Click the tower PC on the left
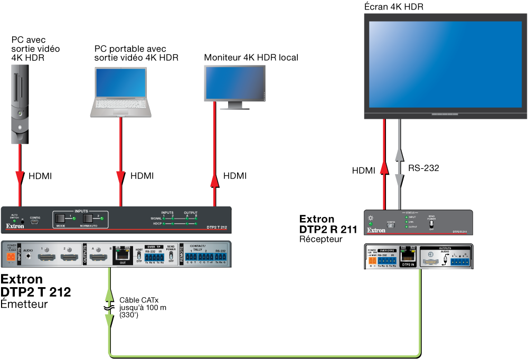(20, 103)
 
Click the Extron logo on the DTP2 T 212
(15, 226)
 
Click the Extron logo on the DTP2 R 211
(376, 230)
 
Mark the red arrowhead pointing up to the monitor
(214, 181)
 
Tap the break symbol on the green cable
(109, 307)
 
